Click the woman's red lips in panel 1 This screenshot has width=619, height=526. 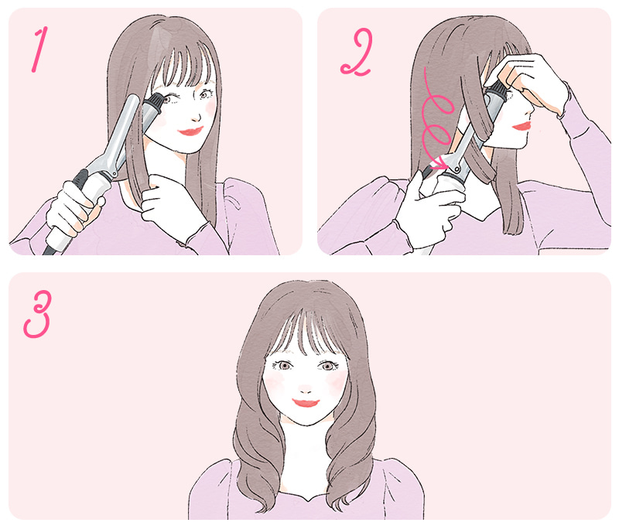(189, 131)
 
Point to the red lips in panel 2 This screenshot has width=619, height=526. (522, 125)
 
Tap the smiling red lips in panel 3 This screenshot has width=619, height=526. (306, 403)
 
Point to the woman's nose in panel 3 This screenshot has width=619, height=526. (306, 386)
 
